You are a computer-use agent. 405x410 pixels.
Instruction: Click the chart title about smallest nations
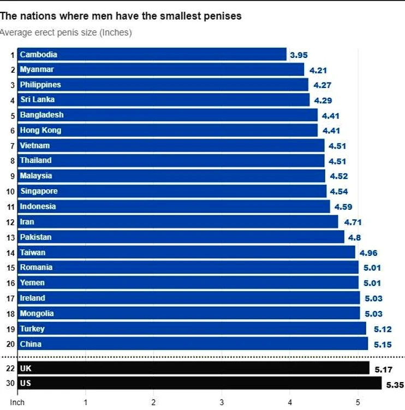(x=121, y=16)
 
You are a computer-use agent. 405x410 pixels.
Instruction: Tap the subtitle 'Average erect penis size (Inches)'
(x=66, y=32)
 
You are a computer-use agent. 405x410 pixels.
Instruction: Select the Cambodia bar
(x=152, y=54)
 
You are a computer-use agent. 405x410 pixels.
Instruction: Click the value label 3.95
(x=299, y=55)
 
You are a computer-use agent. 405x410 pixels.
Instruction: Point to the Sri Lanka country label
(x=38, y=99)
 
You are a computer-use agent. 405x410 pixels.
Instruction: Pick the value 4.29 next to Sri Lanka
(x=323, y=101)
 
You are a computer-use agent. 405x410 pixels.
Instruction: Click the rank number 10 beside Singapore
(x=10, y=192)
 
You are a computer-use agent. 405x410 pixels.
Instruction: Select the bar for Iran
(x=177, y=221)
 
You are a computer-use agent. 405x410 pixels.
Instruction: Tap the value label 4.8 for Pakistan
(x=354, y=238)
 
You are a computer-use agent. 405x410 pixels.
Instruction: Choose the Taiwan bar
(x=186, y=252)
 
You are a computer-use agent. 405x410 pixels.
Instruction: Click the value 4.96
(x=368, y=253)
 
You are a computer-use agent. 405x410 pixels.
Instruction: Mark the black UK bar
(x=193, y=368)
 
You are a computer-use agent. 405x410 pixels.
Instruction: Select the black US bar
(x=199, y=383)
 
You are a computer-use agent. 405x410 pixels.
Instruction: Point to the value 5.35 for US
(x=395, y=385)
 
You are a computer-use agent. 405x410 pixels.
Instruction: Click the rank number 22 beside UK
(x=10, y=368)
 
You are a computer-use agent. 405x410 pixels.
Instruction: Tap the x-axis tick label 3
(x=222, y=402)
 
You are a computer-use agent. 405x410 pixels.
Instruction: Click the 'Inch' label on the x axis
(x=17, y=402)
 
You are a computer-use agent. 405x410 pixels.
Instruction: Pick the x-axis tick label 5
(x=358, y=402)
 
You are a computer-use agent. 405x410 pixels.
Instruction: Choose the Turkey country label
(x=32, y=329)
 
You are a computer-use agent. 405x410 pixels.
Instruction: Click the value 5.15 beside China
(x=383, y=344)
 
